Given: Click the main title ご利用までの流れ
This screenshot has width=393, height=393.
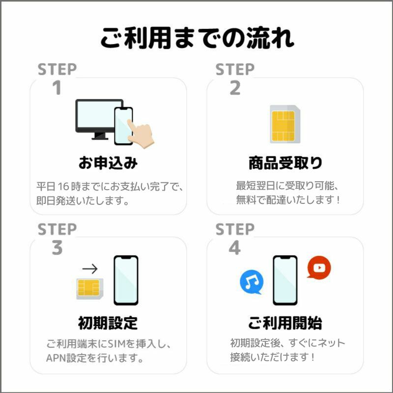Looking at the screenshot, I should pyautogui.click(x=197, y=38).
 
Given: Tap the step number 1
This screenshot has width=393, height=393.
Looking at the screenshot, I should pyautogui.click(x=57, y=88).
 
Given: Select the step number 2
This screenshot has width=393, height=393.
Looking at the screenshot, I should pyautogui.click(x=235, y=88).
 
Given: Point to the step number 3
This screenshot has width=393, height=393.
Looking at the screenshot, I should pyautogui.click(x=57, y=249).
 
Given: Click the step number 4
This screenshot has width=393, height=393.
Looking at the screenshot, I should pyautogui.click(x=235, y=249).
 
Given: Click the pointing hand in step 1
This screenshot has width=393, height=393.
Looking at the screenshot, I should pyautogui.click(x=141, y=133).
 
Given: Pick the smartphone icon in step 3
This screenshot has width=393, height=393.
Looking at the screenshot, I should pyautogui.click(x=126, y=280).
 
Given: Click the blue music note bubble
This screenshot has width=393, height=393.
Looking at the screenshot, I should pyautogui.click(x=252, y=282).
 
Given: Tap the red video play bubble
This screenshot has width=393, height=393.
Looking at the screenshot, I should pyautogui.click(x=319, y=268).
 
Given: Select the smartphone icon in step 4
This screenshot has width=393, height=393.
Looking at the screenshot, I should pyautogui.click(x=285, y=280).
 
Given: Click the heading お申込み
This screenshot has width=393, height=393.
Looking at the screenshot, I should pyautogui.click(x=108, y=163).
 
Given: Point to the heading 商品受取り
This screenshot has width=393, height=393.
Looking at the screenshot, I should pyautogui.click(x=285, y=163).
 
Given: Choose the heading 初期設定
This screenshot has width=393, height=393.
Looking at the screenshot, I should pyautogui.click(x=108, y=323).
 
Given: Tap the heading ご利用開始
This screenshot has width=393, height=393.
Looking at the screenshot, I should pyautogui.click(x=285, y=323).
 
